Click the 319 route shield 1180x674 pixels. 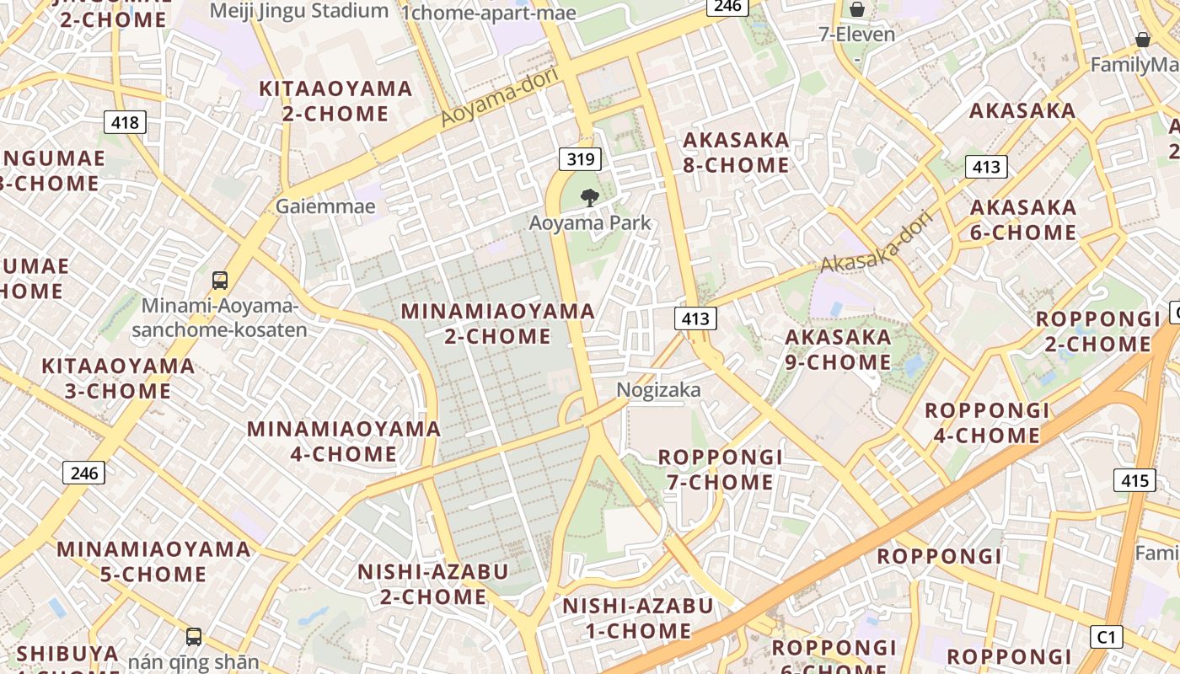[x=580, y=158]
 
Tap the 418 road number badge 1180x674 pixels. [x=125, y=122]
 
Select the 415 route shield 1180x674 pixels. [x=1134, y=480]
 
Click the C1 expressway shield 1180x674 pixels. [x=1107, y=637]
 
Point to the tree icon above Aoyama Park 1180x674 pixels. [x=590, y=198]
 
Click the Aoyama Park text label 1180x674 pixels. [x=590, y=223]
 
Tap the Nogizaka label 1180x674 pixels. [x=659, y=390]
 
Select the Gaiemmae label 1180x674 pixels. [x=325, y=206]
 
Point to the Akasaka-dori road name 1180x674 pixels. [x=877, y=243]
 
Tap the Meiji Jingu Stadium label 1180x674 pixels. [x=299, y=11]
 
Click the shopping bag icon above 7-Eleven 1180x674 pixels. [x=857, y=9]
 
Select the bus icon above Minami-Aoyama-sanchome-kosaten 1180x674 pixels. [x=220, y=280]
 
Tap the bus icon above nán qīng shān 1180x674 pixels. [x=194, y=636]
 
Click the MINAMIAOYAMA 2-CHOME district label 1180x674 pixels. [x=497, y=324]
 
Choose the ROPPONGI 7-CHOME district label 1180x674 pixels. [x=721, y=469]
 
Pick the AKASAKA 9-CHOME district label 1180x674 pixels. [x=838, y=350]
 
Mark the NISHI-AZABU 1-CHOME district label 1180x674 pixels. [x=638, y=618]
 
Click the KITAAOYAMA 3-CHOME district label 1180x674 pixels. [x=118, y=378]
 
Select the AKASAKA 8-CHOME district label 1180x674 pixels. [x=736, y=152]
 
